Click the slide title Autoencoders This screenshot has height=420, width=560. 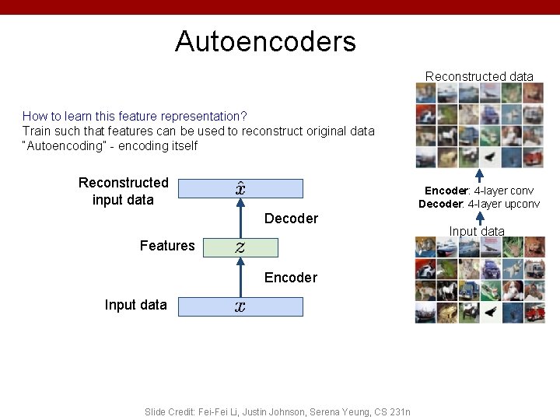265,41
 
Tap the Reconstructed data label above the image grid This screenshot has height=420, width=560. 479,76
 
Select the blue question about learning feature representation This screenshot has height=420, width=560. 135,116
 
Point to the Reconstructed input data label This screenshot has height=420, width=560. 123,191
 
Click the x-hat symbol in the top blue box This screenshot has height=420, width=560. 241,188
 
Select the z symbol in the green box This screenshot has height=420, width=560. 240,247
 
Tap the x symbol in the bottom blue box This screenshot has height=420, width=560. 240,306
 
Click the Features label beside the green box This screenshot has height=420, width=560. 167,246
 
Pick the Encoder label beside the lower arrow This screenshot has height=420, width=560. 291,278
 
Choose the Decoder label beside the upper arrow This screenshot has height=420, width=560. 291,219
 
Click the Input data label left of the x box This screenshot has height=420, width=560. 135,305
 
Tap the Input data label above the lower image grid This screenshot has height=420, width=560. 476,231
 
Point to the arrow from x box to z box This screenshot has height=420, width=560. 240,278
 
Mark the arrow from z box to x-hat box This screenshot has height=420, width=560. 240,219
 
